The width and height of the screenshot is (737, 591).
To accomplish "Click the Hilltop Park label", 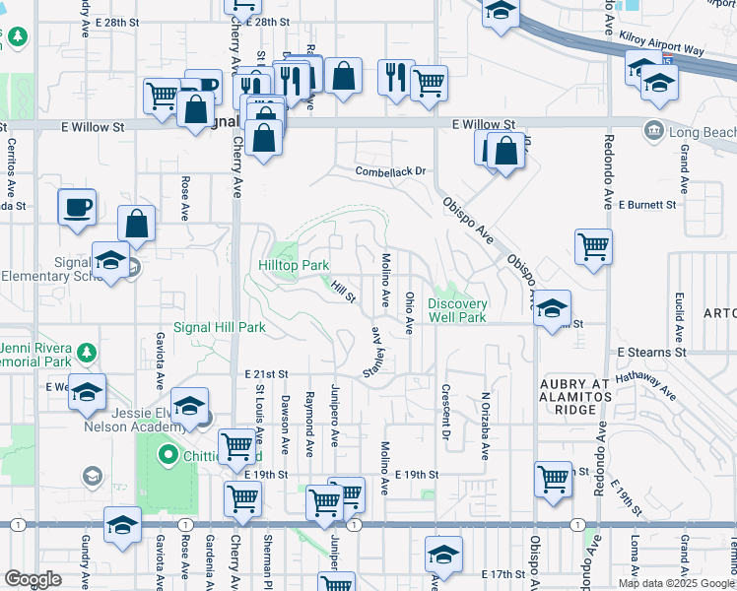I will [294, 265].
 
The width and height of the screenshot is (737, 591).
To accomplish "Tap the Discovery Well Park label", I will [457, 310].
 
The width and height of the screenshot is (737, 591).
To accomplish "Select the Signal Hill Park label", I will [220, 327].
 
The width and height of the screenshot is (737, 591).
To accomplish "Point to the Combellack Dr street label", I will [390, 171].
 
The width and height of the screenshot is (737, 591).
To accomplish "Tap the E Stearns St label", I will [651, 352].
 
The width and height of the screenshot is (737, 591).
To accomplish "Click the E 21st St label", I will [266, 374].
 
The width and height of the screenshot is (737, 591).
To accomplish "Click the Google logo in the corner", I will [33, 578].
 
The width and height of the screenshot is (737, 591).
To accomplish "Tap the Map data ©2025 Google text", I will [676, 583].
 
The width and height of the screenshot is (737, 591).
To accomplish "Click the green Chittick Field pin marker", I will [167, 455].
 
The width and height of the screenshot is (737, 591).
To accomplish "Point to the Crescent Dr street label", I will [445, 412].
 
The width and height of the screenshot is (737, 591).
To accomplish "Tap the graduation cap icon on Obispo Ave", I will [553, 306].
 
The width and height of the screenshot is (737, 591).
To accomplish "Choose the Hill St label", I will [343, 291].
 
